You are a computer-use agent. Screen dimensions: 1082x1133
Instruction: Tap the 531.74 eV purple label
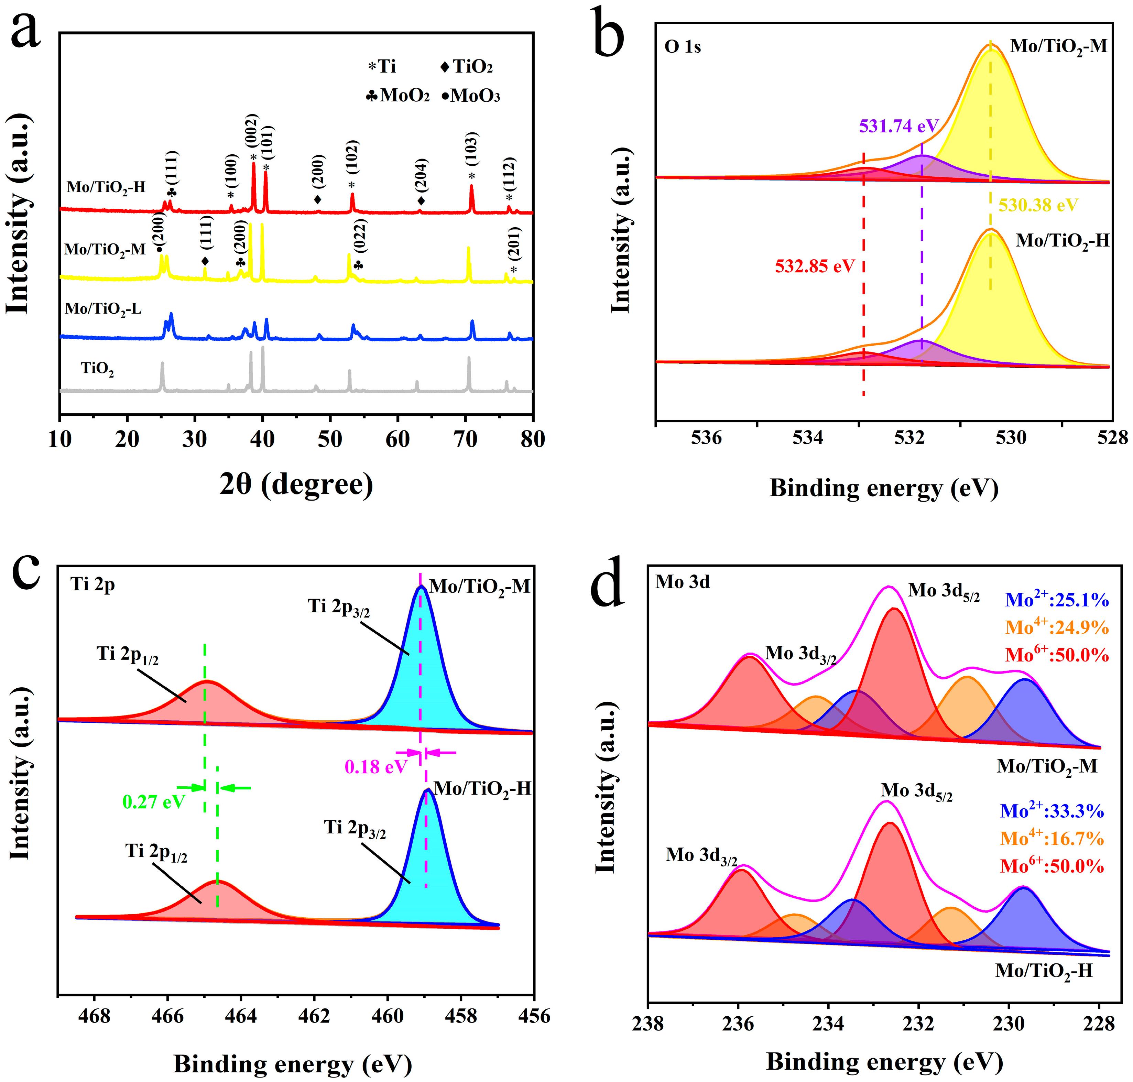[898, 126]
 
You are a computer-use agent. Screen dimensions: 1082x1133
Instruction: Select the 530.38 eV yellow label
[1038, 205]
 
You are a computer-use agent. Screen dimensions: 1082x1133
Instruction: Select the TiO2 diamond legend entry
[466, 67]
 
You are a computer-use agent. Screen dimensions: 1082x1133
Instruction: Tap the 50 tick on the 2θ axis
[330, 439]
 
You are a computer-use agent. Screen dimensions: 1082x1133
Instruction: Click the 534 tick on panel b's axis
[808, 438]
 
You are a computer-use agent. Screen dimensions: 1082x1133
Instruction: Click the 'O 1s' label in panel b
[683, 47]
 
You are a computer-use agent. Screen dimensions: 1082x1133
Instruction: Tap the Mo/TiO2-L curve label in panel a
[103, 309]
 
